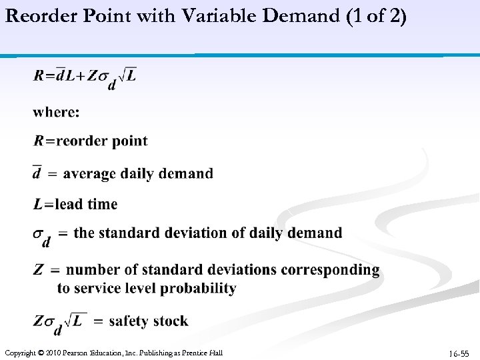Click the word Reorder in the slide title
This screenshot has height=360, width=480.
pyautogui.click(x=38, y=16)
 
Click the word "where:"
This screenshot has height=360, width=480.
pyautogui.click(x=56, y=111)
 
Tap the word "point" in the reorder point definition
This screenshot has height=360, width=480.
pyautogui.click(x=130, y=141)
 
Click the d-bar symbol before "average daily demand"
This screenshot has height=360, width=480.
pyautogui.click(x=37, y=172)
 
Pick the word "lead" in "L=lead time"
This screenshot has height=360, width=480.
pyautogui.click(x=69, y=204)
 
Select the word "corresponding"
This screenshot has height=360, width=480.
pyautogui.click(x=330, y=270)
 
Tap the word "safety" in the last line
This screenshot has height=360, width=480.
pyautogui.click(x=129, y=321)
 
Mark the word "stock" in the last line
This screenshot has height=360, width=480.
pyautogui.click(x=171, y=321)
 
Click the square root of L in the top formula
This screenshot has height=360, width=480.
pyautogui.click(x=127, y=75)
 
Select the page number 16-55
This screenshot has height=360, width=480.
pyautogui.click(x=459, y=353)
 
